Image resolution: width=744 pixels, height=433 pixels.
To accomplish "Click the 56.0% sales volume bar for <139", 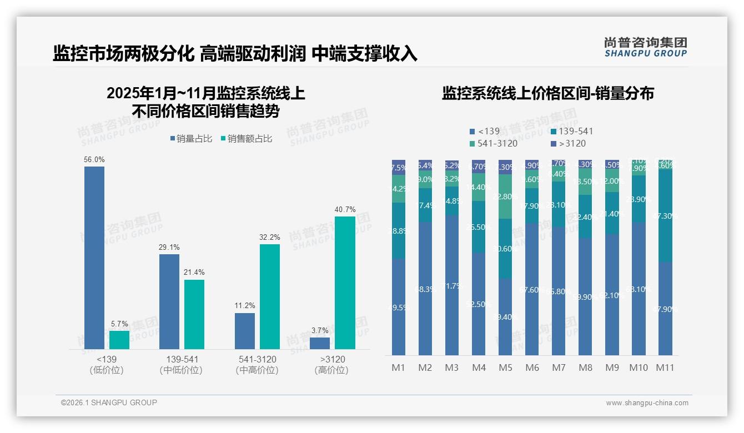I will (x=94, y=258).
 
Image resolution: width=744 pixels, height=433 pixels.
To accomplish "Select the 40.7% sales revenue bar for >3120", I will (x=345, y=283).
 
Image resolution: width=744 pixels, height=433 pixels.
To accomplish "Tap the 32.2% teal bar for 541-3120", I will (x=270, y=296).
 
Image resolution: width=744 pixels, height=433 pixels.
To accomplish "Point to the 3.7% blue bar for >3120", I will (x=320, y=343).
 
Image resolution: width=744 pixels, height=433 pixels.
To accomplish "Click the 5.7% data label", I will (x=119, y=324).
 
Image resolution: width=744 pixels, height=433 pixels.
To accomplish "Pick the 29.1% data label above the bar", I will (x=169, y=247).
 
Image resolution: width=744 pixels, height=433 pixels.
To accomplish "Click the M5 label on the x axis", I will (x=505, y=367).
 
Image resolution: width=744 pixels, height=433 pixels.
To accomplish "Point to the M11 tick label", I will (x=665, y=367).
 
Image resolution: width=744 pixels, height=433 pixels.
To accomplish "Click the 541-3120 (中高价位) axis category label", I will (x=257, y=365).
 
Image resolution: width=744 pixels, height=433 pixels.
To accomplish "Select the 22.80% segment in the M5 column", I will (x=505, y=197).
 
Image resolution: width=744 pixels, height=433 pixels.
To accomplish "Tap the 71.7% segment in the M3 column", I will (x=452, y=285).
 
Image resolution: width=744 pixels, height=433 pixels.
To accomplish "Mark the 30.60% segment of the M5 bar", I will (x=505, y=248).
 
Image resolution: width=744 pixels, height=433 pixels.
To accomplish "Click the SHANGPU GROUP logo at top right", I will (x=645, y=47).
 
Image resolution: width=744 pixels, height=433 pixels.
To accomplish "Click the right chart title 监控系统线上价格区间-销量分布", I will (x=547, y=93).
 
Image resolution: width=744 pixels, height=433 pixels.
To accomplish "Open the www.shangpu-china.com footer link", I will (x=647, y=403).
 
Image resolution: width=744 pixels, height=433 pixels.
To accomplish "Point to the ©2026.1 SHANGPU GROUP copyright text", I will (x=109, y=402).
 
